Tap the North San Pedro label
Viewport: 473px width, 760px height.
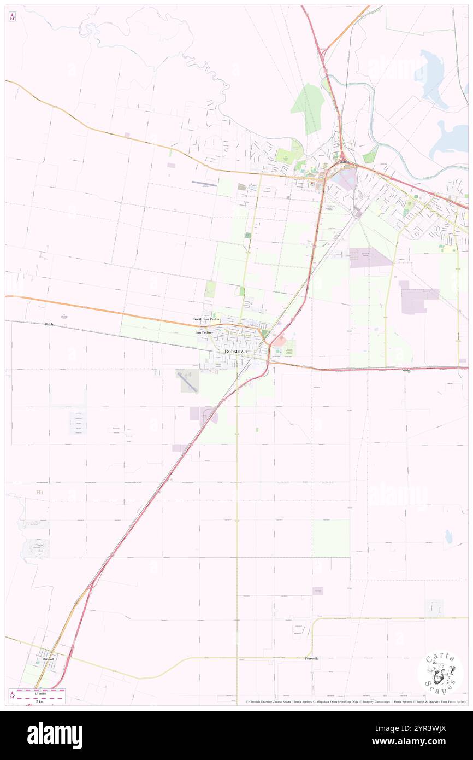click(206, 319)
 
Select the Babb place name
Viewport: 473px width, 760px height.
click(50, 324)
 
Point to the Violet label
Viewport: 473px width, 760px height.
click(406, 371)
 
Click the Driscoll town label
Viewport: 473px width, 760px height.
click(48, 659)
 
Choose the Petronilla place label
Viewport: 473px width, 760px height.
click(312, 658)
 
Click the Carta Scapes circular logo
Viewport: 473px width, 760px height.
click(440, 672)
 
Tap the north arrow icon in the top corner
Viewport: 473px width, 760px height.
click(12, 17)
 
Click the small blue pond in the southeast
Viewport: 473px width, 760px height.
click(448, 537)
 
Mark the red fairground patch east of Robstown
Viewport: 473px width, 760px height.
click(279, 341)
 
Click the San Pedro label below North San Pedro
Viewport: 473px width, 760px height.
click(203, 332)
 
